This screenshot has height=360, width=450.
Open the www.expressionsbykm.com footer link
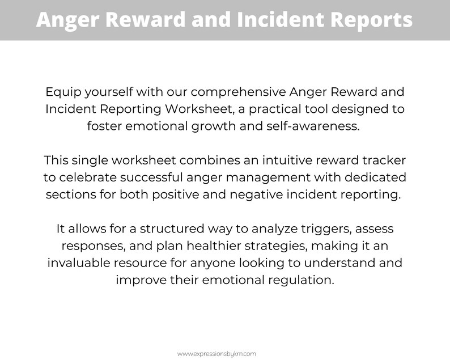[216, 353]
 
